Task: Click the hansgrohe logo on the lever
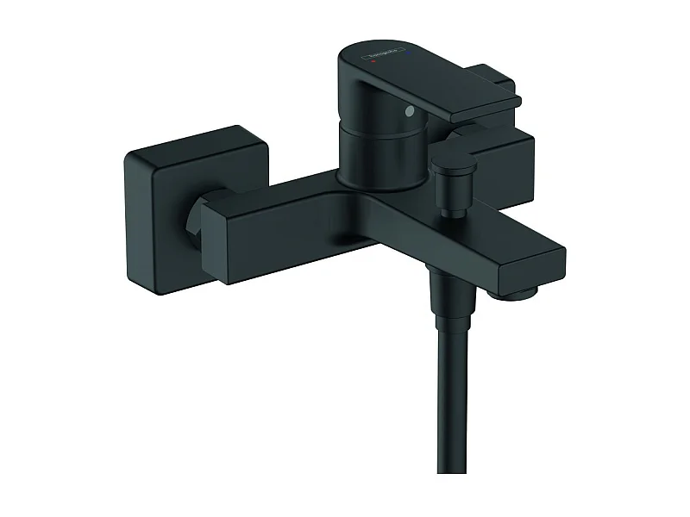click(x=393, y=59)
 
